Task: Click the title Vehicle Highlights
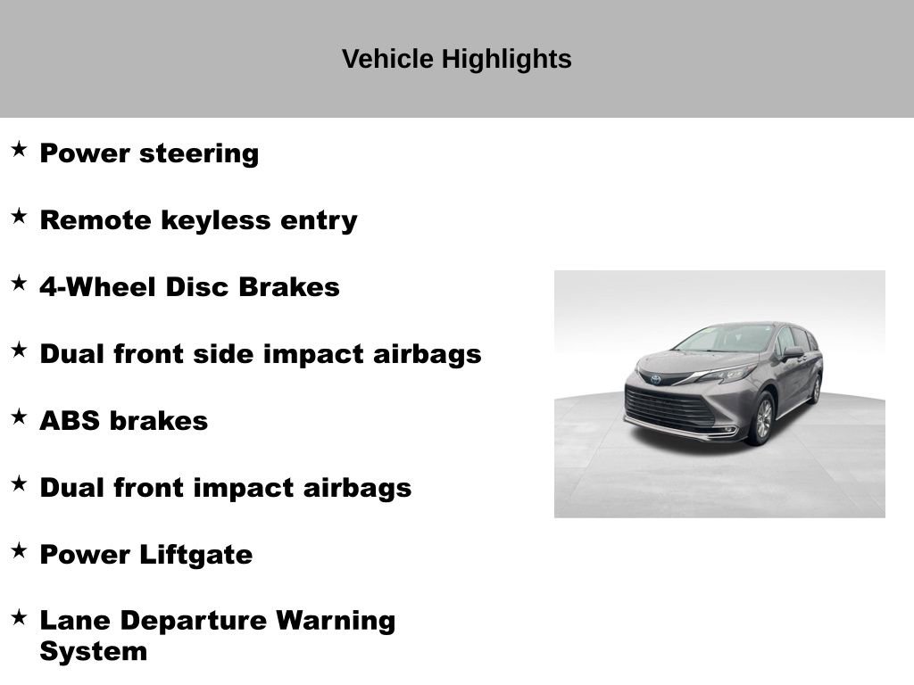[x=456, y=59]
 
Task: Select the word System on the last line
[x=93, y=651]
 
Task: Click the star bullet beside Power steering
[x=19, y=149]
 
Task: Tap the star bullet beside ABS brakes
[x=19, y=417]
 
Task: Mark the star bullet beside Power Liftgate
[x=19, y=550]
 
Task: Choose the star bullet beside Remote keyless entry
[x=19, y=216]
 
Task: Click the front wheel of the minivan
[x=760, y=419]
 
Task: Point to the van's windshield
[x=724, y=339]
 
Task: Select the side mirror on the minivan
[x=792, y=352]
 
